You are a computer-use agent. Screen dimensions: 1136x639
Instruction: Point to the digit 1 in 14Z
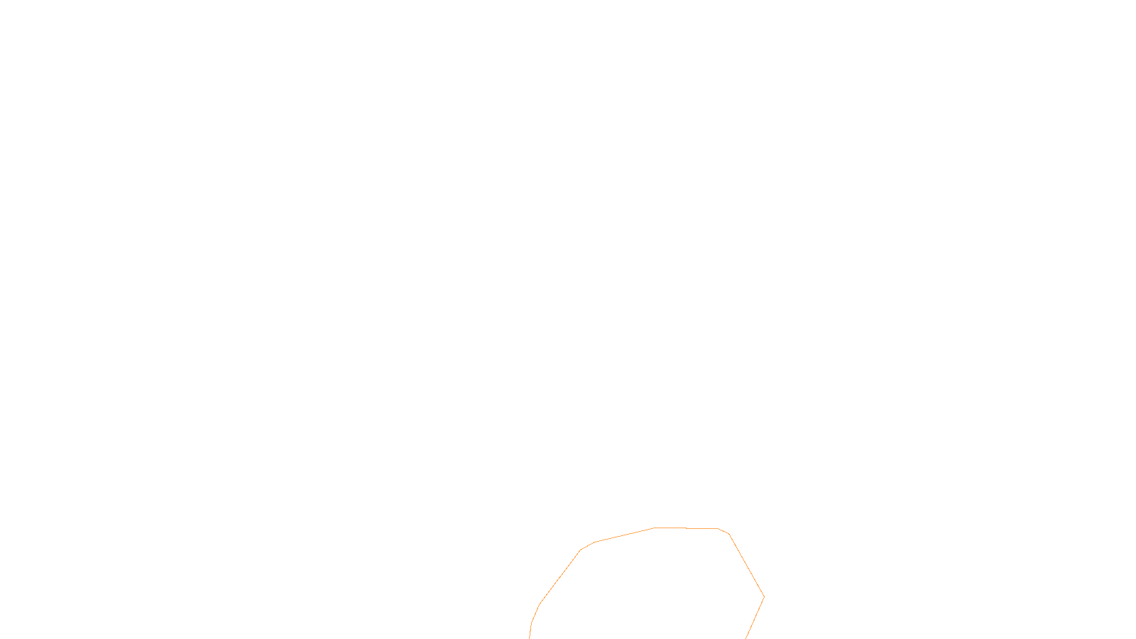click(533, 627)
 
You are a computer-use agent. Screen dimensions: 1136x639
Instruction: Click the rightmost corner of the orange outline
click(764, 596)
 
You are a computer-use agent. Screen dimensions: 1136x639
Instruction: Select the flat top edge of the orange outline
click(686, 528)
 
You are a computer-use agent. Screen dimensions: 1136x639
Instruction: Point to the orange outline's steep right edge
click(746, 565)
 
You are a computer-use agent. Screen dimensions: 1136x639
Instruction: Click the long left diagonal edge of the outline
click(560, 577)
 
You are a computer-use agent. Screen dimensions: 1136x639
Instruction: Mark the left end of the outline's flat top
click(654, 528)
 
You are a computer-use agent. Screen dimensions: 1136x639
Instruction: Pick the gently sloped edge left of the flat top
click(624, 535)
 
